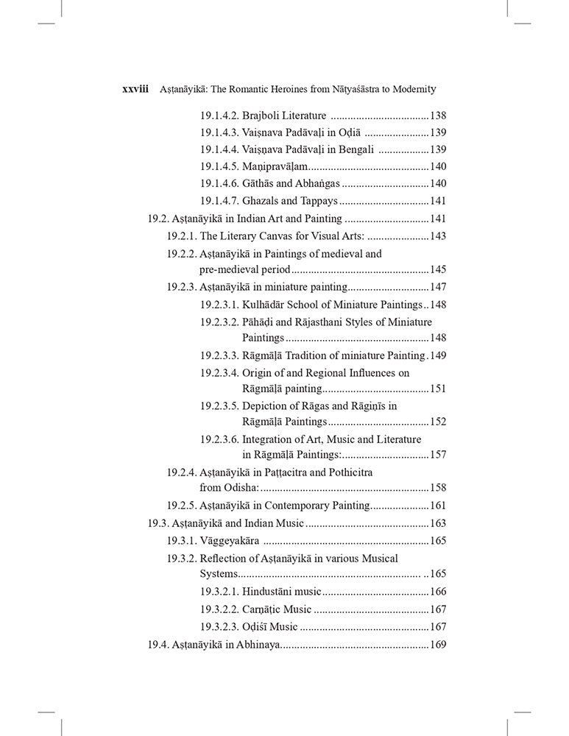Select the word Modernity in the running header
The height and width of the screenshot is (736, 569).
413,89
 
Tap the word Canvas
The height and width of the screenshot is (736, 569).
281,236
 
